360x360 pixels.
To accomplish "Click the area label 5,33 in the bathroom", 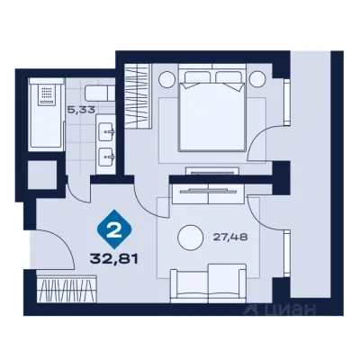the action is click(81, 110).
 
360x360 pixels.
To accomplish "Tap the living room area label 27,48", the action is click(230, 238).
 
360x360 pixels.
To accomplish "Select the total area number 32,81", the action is click(114, 259).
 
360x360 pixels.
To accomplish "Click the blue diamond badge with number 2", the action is click(114, 229).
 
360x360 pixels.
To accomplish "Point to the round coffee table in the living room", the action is click(190, 238).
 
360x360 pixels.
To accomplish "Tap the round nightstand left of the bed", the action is click(166, 79).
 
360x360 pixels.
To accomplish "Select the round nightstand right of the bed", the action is click(257, 79).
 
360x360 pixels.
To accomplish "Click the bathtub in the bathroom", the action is click(46, 114).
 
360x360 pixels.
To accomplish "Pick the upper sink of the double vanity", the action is click(106, 131).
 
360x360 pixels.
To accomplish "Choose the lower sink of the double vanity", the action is click(106, 157).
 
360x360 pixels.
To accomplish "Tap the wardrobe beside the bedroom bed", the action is click(137, 96).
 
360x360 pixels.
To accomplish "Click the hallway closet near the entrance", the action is click(67, 289).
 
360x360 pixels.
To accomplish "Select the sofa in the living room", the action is click(208, 283).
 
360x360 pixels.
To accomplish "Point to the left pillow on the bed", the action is click(197, 79).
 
